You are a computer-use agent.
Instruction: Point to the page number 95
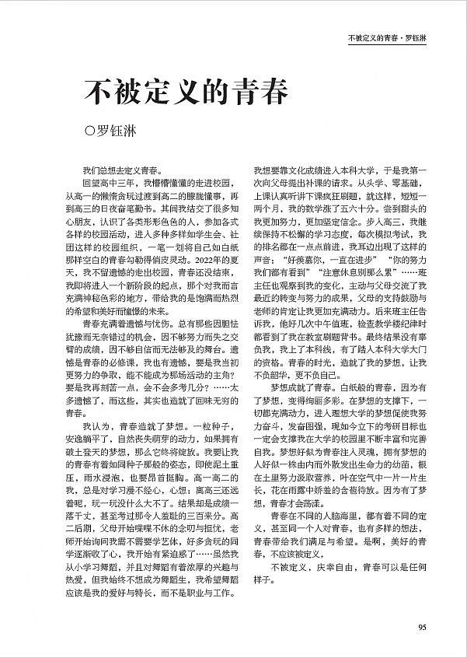421,628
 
